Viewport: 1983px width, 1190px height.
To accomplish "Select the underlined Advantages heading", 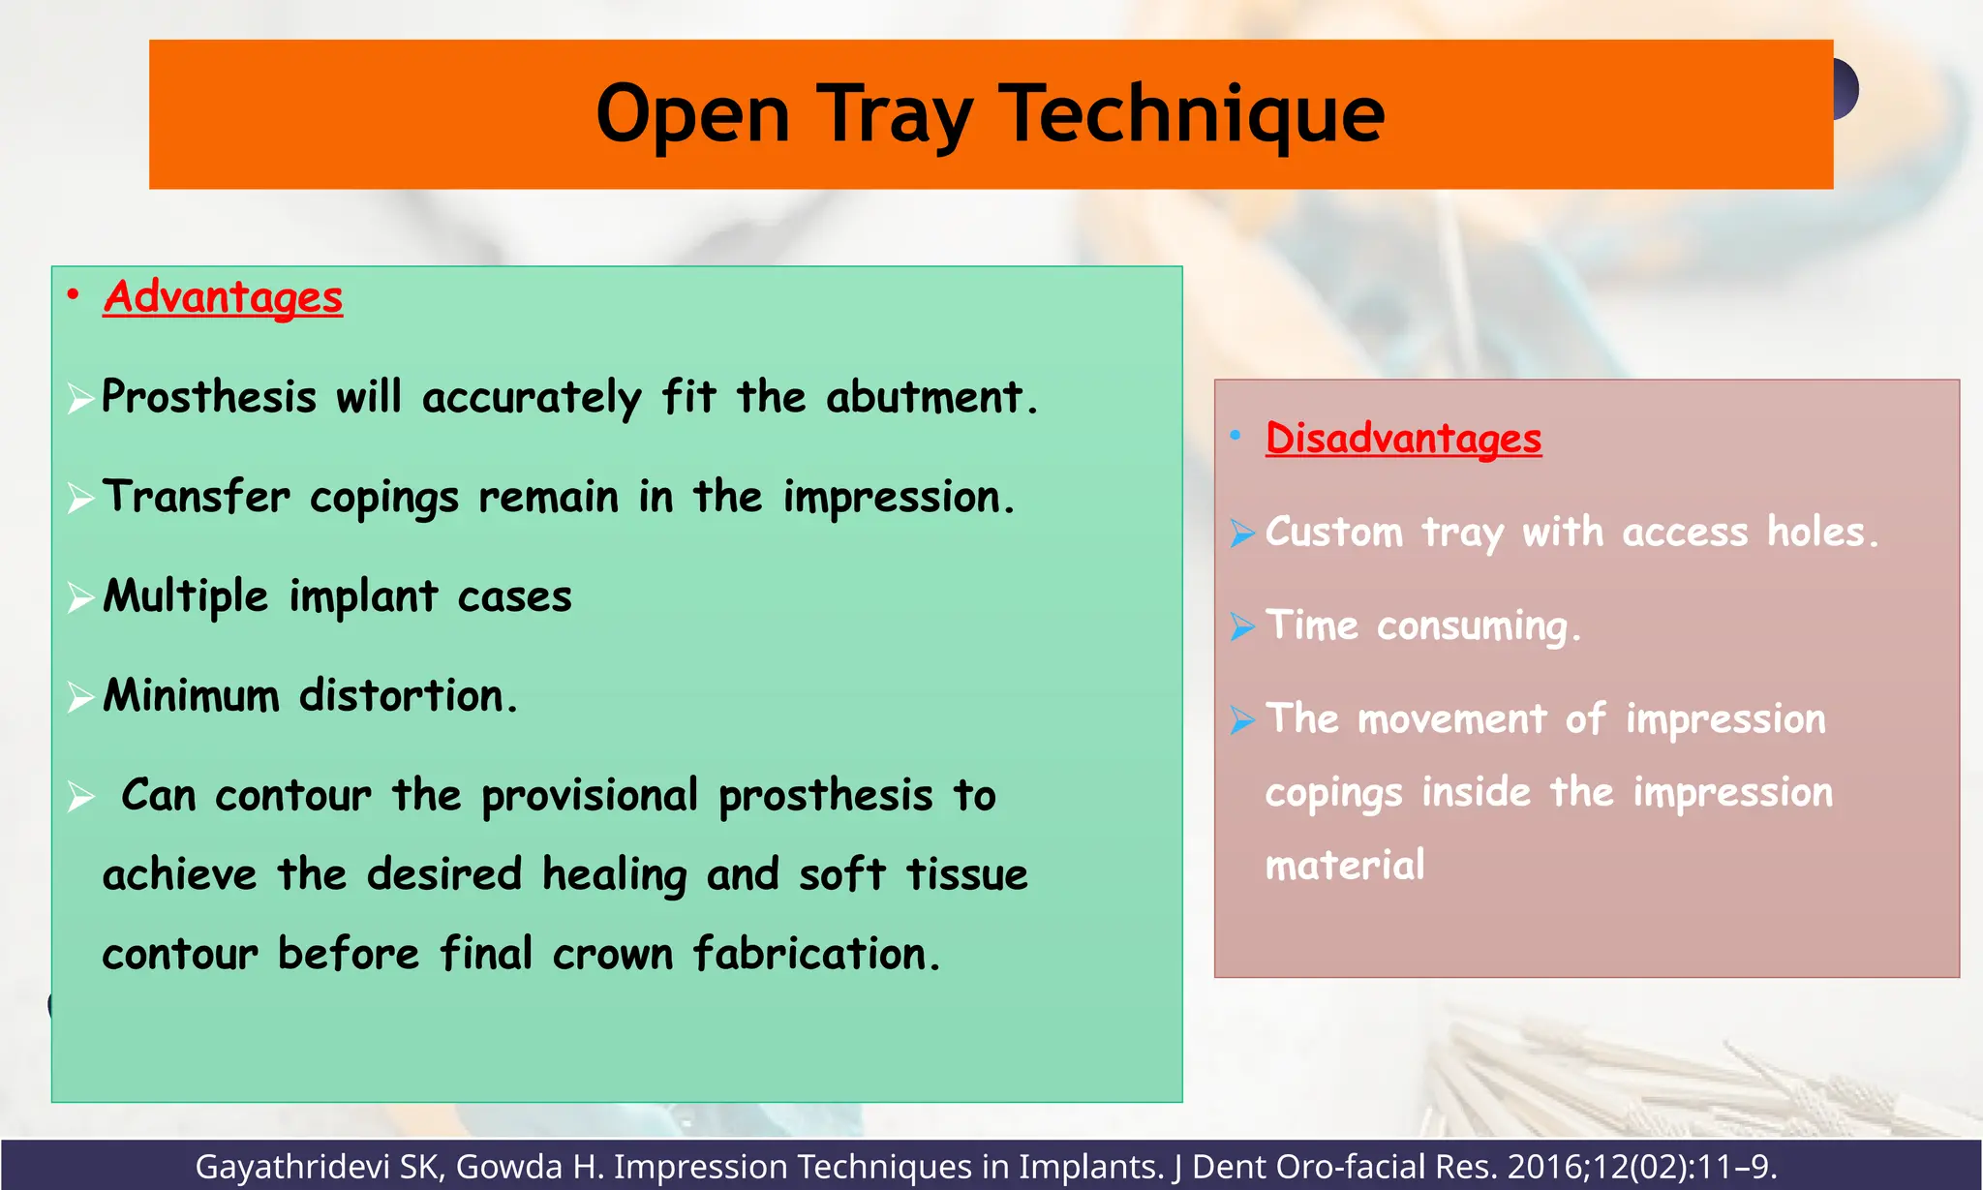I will coord(224,297).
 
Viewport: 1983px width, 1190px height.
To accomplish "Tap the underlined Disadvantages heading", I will coord(1403,439).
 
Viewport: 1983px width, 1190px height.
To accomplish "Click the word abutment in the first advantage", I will coord(925,397).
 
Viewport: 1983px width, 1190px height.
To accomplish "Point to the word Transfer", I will coord(197,497).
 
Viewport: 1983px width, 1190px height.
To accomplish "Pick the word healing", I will coord(614,875).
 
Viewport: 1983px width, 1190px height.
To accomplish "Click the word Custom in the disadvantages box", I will coord(1334,533).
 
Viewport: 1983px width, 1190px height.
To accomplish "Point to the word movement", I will coord(1451,719).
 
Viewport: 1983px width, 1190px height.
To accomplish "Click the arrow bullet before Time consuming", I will coord(1241,626).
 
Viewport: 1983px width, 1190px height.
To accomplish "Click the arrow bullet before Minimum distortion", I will coord(79,697).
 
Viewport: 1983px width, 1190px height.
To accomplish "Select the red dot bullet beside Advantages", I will coord(73,294).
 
